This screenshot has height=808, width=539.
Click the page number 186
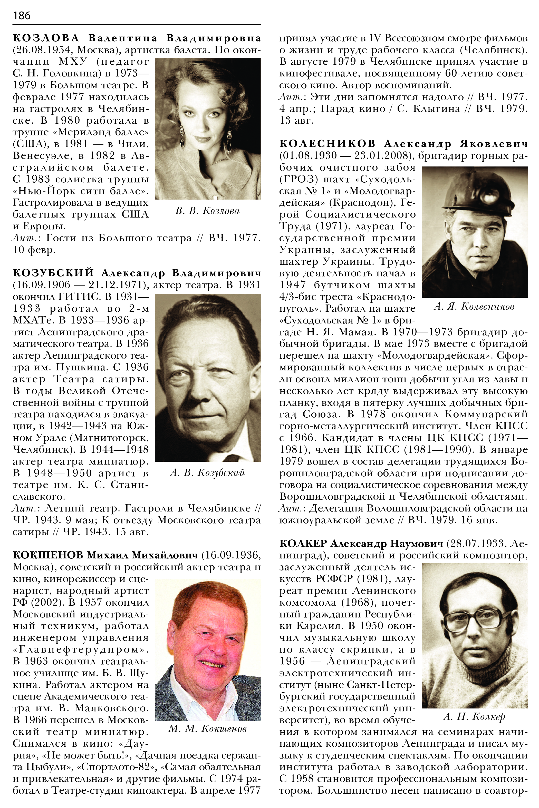tap(22, 15)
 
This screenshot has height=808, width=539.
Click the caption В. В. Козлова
tap(207, 211)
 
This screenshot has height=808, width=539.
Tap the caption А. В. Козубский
tap(207, 473)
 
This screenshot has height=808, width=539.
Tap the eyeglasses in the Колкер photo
tap(477, 619)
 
